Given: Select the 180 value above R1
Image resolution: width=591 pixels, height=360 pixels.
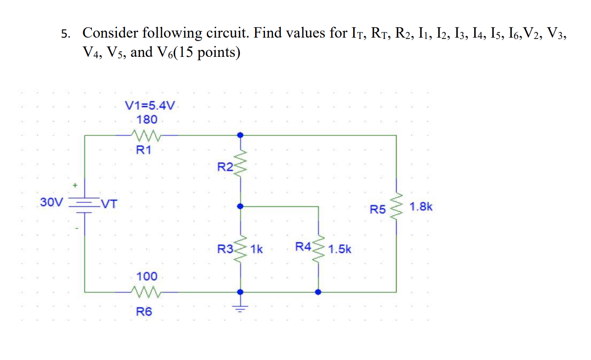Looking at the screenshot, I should click(147, 120).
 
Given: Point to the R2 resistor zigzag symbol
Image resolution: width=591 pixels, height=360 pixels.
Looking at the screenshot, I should click(241, 163).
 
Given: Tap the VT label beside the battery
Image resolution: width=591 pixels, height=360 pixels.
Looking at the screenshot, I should click(109, 205).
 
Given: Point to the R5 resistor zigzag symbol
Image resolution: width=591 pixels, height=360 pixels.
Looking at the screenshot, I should click(396, 207).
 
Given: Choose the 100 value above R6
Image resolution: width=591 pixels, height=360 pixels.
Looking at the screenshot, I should click(147, 276).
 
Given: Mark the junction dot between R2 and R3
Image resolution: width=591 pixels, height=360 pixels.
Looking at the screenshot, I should click(241, 206).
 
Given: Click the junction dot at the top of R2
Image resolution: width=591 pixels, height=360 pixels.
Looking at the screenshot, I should click(241, 134).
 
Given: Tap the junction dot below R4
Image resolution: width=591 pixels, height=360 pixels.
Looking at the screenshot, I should click(318, 292).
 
